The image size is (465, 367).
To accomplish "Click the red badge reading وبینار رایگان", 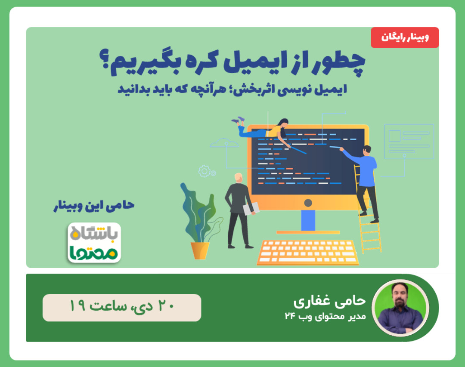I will click(404, 37).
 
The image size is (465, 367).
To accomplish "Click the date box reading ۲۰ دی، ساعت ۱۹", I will click(121, 308).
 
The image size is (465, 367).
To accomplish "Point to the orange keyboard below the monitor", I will click(308, 253).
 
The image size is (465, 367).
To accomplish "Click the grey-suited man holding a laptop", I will click(237, 207).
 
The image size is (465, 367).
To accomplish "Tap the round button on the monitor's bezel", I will click(308, 203).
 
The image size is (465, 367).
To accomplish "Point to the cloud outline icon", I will click(224, 143).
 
